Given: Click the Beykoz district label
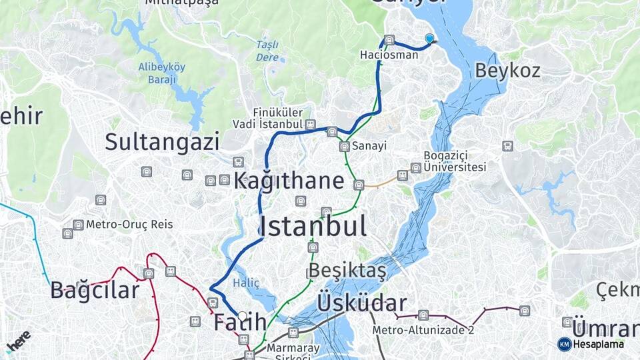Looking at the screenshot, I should [507, 71].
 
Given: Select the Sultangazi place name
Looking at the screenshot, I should [162, 141].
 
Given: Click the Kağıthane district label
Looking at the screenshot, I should [289, 181].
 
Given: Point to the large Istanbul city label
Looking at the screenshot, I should [313, 227].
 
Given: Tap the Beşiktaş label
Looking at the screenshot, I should [346, 271].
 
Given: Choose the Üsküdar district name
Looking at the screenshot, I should [362, 303].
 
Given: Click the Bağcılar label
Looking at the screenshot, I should [95, 290].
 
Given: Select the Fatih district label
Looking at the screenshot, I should [240, 323].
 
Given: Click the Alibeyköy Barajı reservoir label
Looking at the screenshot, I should [161, 73].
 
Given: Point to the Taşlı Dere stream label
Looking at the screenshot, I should [267, 51].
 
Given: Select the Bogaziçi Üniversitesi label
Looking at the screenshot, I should [455, 161].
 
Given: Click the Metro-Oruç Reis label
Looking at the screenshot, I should [129, 225].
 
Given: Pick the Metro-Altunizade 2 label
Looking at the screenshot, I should [423, 330].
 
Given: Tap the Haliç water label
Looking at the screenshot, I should [245, 283].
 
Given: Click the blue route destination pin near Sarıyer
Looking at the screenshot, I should [429, 39].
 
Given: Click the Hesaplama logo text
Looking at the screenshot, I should [598, 344].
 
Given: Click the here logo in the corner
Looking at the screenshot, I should [18, 341].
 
